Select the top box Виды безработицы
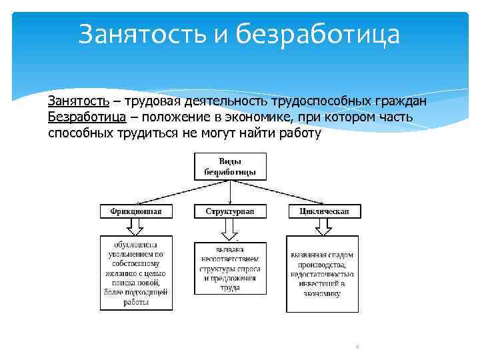point(230,166)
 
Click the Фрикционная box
point(136,211)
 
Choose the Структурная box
point(230,211)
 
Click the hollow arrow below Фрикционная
point(136,227)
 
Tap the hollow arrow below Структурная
point(230,229)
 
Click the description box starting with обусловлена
point(136,273)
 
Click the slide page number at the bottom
point(358,347)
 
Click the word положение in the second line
point(171,117)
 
